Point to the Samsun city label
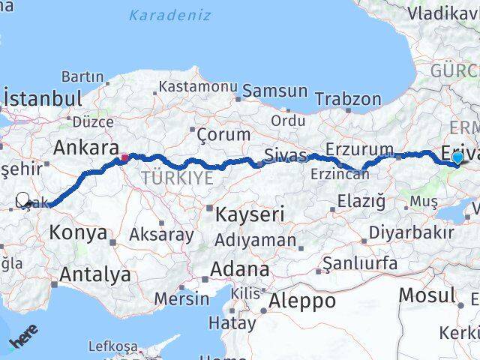[276, 91]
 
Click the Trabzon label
[348, 98]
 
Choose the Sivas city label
[285, 155]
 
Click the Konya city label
[78, 232]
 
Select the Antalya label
[94, 274]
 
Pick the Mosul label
[427, 295]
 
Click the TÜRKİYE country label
[178, 178]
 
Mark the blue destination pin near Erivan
[457, 157]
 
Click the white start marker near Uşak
[22, 199]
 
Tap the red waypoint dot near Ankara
[124, 157]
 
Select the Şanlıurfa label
[358, 262]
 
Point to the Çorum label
[223, 135]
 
